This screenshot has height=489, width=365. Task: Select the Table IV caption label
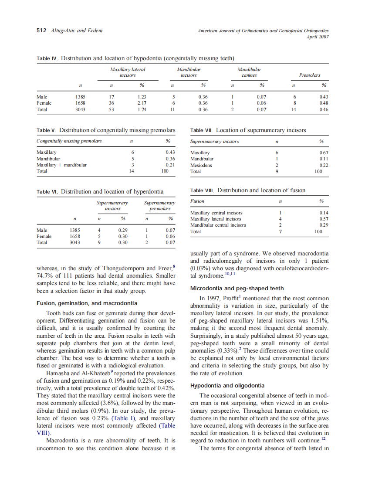pyautogui.click(x=47, y=58)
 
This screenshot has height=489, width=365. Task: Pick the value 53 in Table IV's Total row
pyautogui.click(x=111, y=110)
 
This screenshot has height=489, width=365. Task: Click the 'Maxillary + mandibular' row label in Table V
pyautogui.click(x=61, y=165)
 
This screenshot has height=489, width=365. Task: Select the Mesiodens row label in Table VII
pyautogui.click(x=201, y=165)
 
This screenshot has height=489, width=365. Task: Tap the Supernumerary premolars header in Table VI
pyautogui.click(x=159, y=206)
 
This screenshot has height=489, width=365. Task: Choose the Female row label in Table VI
pyautogui.click(x=44, y=236)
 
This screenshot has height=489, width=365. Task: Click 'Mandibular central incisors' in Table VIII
pyautogui.click(x=218, y=225)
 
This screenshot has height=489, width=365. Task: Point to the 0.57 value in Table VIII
pyautogui.click(x=324, y=219)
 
